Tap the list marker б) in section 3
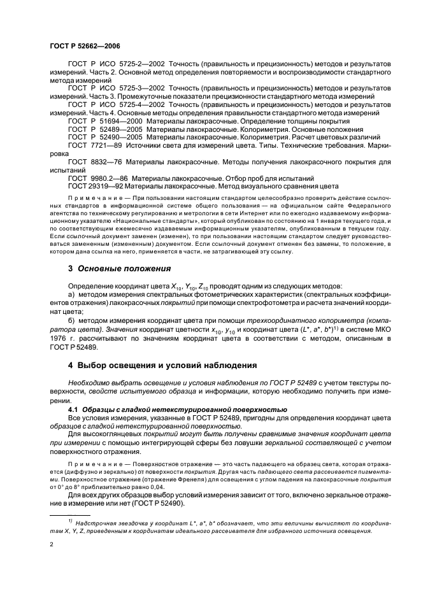click(73, 320)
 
